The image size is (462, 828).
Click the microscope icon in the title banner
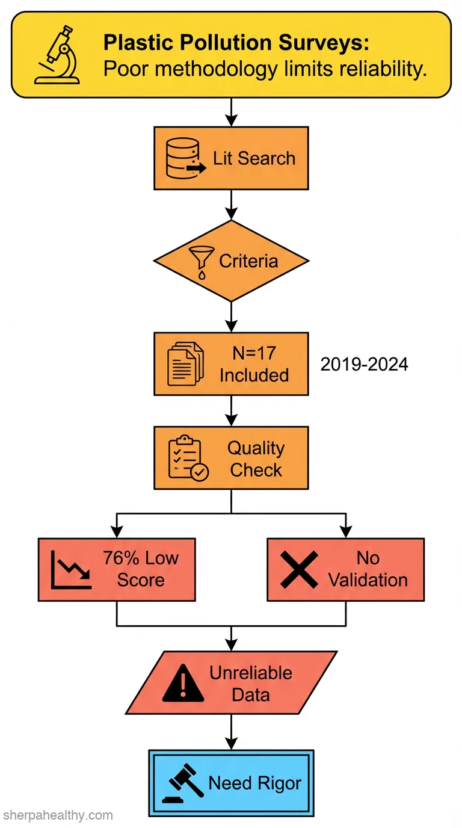click(x=57, y=55)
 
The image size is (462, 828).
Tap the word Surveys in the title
click(x=324, y=43)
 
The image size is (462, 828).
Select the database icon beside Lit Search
click(x=185, y=158)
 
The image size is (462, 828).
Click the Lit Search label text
click(x=254, y=158)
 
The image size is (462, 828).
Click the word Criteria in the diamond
click(x=248, y=261)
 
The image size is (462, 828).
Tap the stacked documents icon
click(x=185, y=364)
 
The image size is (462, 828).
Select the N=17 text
click(x=254, y=353)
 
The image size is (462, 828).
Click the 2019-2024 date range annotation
click(x=364, y=365)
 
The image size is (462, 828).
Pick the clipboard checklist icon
click(x=188, y=458)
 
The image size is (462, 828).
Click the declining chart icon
click(x=71, y=570)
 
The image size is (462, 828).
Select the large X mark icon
click(x=299, y=570)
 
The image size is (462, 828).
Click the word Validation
click(x=368, y=580)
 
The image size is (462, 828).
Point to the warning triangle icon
click(x=183, y=683)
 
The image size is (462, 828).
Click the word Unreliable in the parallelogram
click(x=251, y=673)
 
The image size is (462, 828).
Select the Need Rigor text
click(x=255, y=783)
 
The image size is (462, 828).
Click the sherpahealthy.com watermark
click(x=58, y=815)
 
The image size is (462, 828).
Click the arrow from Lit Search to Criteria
click(x=232, y=205)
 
